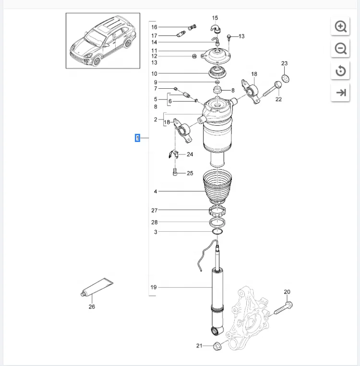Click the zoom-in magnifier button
pos(341,27)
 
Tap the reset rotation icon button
pos(341,71)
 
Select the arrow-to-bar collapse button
pos(341,93)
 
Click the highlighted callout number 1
pos(137,139)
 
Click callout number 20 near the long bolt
pos(287,292)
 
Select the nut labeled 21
pos(216,345)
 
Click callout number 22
pos(278,99)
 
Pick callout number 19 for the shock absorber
pos(154,287)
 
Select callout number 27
pos(154,210)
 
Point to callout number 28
pos(154,222)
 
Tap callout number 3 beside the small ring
pos(156,232)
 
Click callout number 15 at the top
pos(215,18)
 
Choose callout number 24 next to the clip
pos(190,154)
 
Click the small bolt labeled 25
pos(175,171)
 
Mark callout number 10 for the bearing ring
pos(154,73)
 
